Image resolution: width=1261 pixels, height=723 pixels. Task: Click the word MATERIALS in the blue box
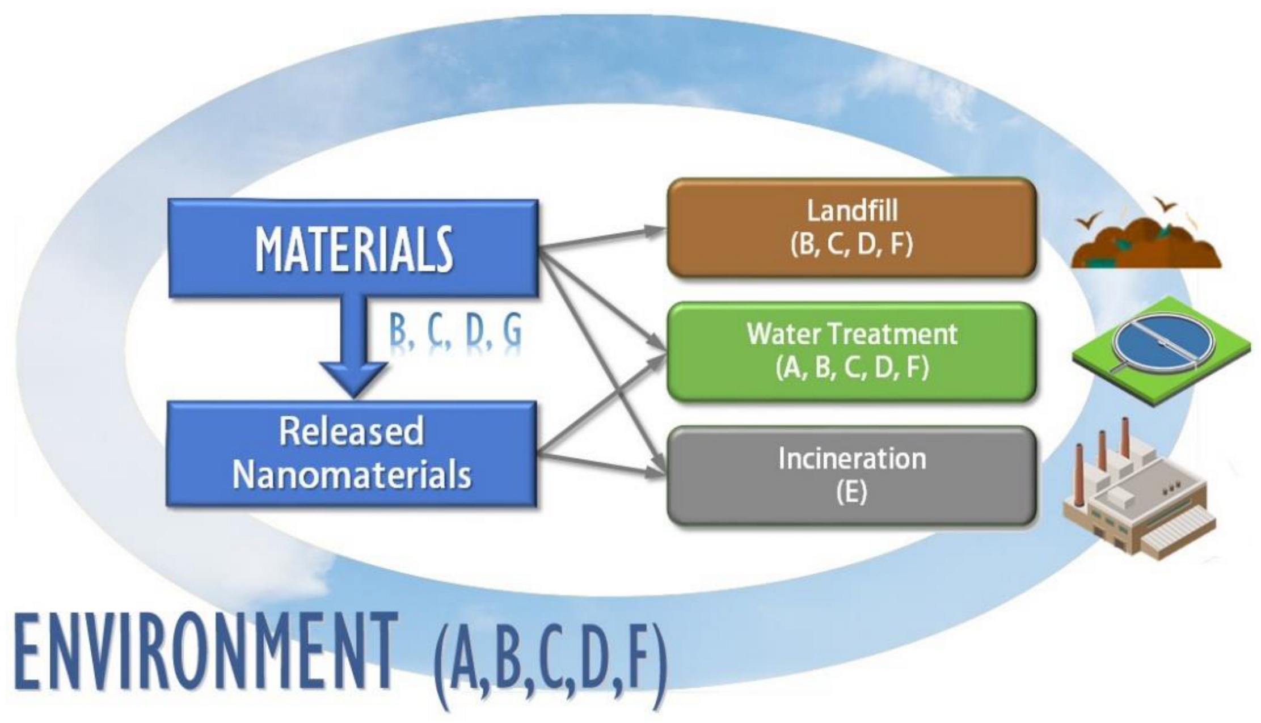353,250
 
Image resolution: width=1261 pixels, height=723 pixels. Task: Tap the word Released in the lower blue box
351,431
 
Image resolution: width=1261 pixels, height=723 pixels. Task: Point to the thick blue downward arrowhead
353,379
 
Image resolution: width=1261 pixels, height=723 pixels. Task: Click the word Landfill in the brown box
852,211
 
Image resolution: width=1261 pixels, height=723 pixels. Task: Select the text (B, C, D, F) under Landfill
852,245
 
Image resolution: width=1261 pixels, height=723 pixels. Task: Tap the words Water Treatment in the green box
852,333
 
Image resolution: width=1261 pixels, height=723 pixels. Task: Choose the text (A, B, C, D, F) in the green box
852,368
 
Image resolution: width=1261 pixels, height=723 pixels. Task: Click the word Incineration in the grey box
852,458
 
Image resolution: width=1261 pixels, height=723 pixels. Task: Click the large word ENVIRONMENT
204,652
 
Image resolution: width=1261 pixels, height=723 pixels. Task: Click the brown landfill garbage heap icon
1146,244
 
